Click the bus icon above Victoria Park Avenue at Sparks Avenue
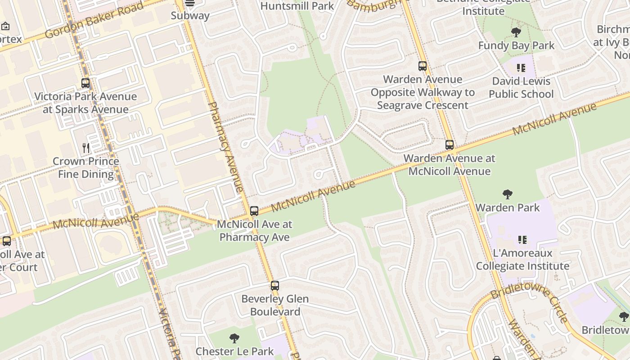tap(85, 83)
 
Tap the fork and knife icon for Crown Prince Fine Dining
tap(86, 148)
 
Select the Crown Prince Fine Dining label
tap(86, 167)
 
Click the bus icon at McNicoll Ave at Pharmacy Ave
tap(254, 211)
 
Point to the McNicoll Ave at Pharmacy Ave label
tap(255, 230)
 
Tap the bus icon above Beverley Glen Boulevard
tap(275, 285)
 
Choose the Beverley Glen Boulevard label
tap(275, 305)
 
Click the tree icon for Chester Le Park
tap(234, 338)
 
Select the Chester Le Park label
tap(234, 351)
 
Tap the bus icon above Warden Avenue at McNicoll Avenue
tap(450, 145)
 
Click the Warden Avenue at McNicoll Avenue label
tap(450, 165)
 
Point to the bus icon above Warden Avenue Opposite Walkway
tap(423, 66)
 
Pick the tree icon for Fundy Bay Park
tap(516, 32)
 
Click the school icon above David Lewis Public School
tap(521, 68)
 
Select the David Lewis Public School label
tap(521, 87)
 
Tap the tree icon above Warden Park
tap(508, 194)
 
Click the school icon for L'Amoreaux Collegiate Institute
tap(522, 240)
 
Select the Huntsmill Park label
tap(297, 6)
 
